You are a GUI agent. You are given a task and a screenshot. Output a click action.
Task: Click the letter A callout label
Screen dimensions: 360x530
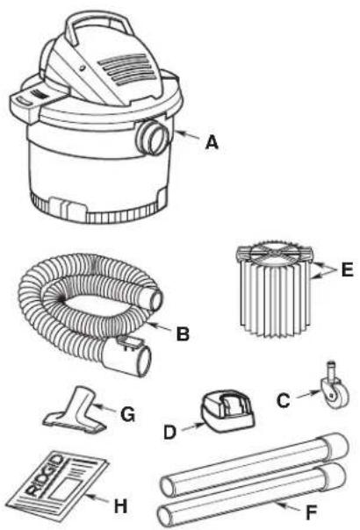click(212, 142)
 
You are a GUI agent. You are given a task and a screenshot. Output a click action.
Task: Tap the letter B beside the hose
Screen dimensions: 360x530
click(183, 333)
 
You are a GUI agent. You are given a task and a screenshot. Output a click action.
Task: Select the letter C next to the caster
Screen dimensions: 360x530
click(284, 400)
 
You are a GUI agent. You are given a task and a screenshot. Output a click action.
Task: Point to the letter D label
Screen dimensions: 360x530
click(169, 432)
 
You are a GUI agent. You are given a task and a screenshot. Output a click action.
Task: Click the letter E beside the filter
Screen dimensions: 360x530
click(347, 270)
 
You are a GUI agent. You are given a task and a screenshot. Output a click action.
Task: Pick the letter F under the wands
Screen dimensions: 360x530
click(311, 512)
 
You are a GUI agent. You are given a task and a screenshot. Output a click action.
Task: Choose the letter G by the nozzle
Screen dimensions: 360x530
click(128, 414)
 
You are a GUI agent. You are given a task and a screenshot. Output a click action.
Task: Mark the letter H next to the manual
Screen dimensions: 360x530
click(121, 506)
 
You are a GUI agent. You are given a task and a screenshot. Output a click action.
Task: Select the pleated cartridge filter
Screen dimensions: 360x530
click(274, 290)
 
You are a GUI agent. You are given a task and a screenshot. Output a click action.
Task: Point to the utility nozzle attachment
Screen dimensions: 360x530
click(76, 410)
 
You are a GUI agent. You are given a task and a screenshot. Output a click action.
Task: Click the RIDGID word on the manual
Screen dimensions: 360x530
click(44, 475)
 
